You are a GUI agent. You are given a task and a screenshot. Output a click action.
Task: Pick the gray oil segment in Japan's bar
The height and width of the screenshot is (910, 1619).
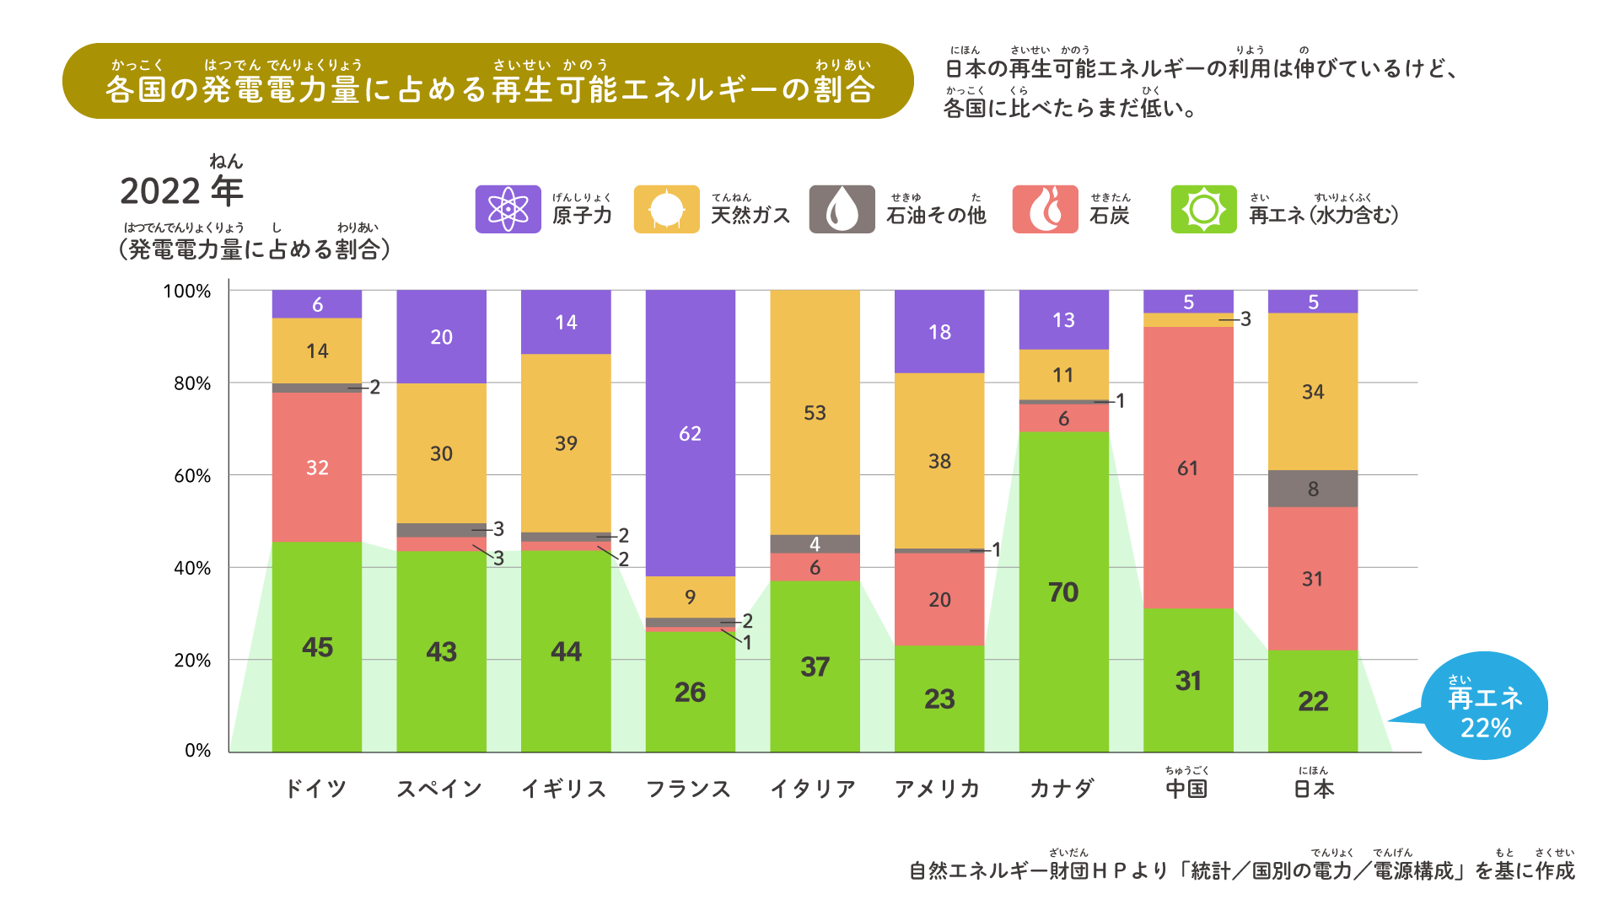click(1313, 489)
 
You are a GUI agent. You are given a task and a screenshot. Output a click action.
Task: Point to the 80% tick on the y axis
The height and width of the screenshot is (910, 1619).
click(192, 383)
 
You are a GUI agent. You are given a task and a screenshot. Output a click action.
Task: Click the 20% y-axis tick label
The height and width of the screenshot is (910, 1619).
click(192, 661)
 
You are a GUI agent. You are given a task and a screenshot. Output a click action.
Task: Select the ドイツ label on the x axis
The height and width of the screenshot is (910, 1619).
click(316, 789)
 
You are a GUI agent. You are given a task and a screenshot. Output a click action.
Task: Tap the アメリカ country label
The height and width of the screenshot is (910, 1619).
click(938, 789)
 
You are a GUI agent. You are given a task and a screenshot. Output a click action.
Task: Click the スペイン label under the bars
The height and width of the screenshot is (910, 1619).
click(439, 789)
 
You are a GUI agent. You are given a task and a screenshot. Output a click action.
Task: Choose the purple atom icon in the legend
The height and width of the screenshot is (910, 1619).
click(508, 209)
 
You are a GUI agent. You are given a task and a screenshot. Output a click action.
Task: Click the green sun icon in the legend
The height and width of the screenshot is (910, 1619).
click(1203, 209)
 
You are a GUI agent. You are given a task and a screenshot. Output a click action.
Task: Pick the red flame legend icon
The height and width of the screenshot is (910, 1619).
click(1045, 209)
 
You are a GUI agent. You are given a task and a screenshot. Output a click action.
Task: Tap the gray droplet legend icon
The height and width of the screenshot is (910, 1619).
click(842, 209)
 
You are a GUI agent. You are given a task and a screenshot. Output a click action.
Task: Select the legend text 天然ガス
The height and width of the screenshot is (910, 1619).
click(750, 216)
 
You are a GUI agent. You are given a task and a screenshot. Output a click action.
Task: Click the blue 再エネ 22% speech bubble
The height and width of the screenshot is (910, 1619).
click(1484, 706)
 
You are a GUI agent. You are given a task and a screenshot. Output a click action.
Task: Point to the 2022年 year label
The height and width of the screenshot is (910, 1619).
click(181, 190)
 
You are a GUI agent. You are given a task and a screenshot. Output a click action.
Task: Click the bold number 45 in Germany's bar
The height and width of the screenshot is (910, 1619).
click(317, 647)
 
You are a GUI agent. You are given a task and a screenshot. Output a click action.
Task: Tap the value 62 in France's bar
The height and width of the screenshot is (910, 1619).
click(690, 434)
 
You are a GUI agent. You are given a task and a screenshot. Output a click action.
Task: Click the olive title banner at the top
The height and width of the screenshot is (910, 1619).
click(487, 81)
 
